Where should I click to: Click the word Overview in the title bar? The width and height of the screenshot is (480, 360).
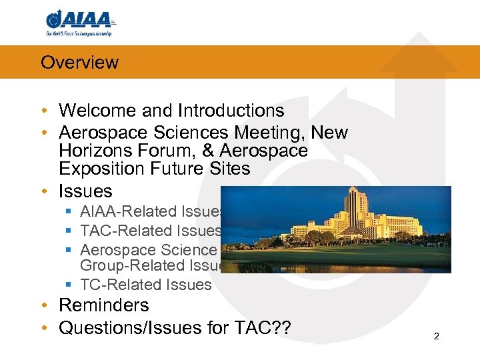[x=79, y=63]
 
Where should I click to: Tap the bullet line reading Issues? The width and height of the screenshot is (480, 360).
[x=85, y=191]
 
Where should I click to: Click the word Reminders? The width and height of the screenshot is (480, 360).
[x=104, y=305]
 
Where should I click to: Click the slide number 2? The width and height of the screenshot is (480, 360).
[x=436, y=337]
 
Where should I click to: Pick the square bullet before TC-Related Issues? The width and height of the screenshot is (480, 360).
[x=69, y=285]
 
